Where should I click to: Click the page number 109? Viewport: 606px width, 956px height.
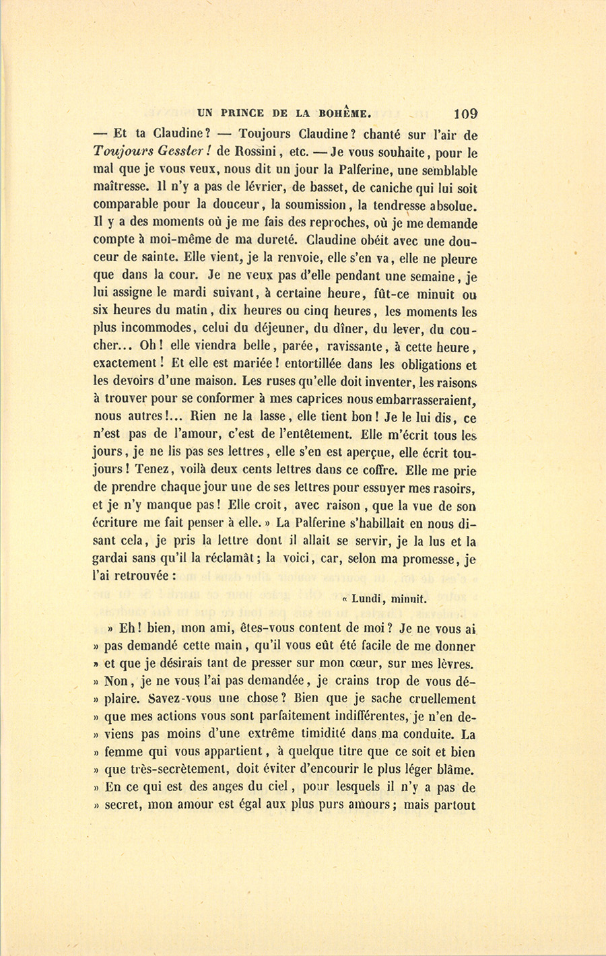point(466,114)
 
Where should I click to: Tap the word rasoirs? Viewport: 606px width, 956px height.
point(452,487)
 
